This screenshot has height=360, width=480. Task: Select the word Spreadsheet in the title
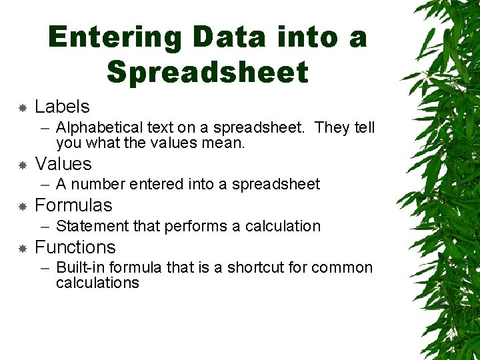point(207,72)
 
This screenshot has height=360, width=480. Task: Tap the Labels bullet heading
point(62,107)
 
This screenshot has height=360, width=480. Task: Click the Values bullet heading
point(63,164)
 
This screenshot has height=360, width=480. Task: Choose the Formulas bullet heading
point(73,205)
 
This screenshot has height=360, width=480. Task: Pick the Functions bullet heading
point(75,247)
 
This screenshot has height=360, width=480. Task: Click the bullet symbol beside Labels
point(22,107)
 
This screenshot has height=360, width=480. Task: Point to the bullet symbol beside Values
point(22,165)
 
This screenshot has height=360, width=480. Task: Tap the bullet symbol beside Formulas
point(22,206)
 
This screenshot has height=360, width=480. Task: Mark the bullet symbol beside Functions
point(22,248)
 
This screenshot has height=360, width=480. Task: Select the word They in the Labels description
point(331,127)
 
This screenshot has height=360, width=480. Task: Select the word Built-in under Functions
point(81,267)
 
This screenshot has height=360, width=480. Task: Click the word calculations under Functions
point(97,283)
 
